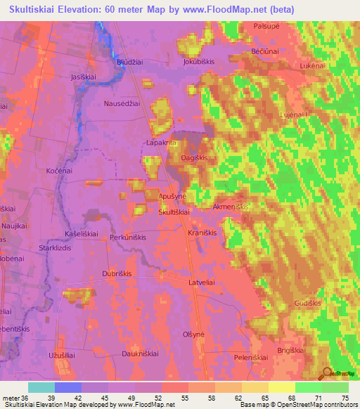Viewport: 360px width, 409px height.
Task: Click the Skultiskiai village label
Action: coord(174,212)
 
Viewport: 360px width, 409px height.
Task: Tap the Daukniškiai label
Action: coord(141,353)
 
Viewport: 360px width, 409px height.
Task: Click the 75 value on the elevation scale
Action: coord(345,397)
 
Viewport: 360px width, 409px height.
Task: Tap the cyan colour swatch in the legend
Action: coord(41,387)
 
